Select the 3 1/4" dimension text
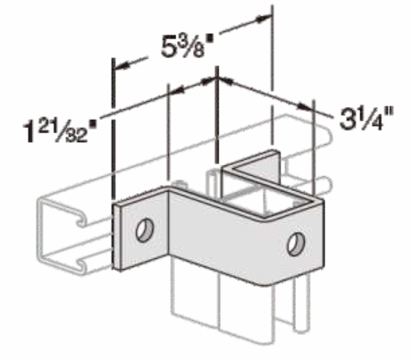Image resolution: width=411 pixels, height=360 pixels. [367, 119]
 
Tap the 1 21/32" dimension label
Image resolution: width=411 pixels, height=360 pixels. [60, 131]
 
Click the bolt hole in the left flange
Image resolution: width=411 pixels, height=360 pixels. [145, 230]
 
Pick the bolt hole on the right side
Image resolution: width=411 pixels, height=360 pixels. [297, 245]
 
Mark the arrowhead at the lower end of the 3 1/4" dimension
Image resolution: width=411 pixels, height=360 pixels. [306, 106]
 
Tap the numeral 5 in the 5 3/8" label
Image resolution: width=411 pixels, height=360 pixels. [168, 47]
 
